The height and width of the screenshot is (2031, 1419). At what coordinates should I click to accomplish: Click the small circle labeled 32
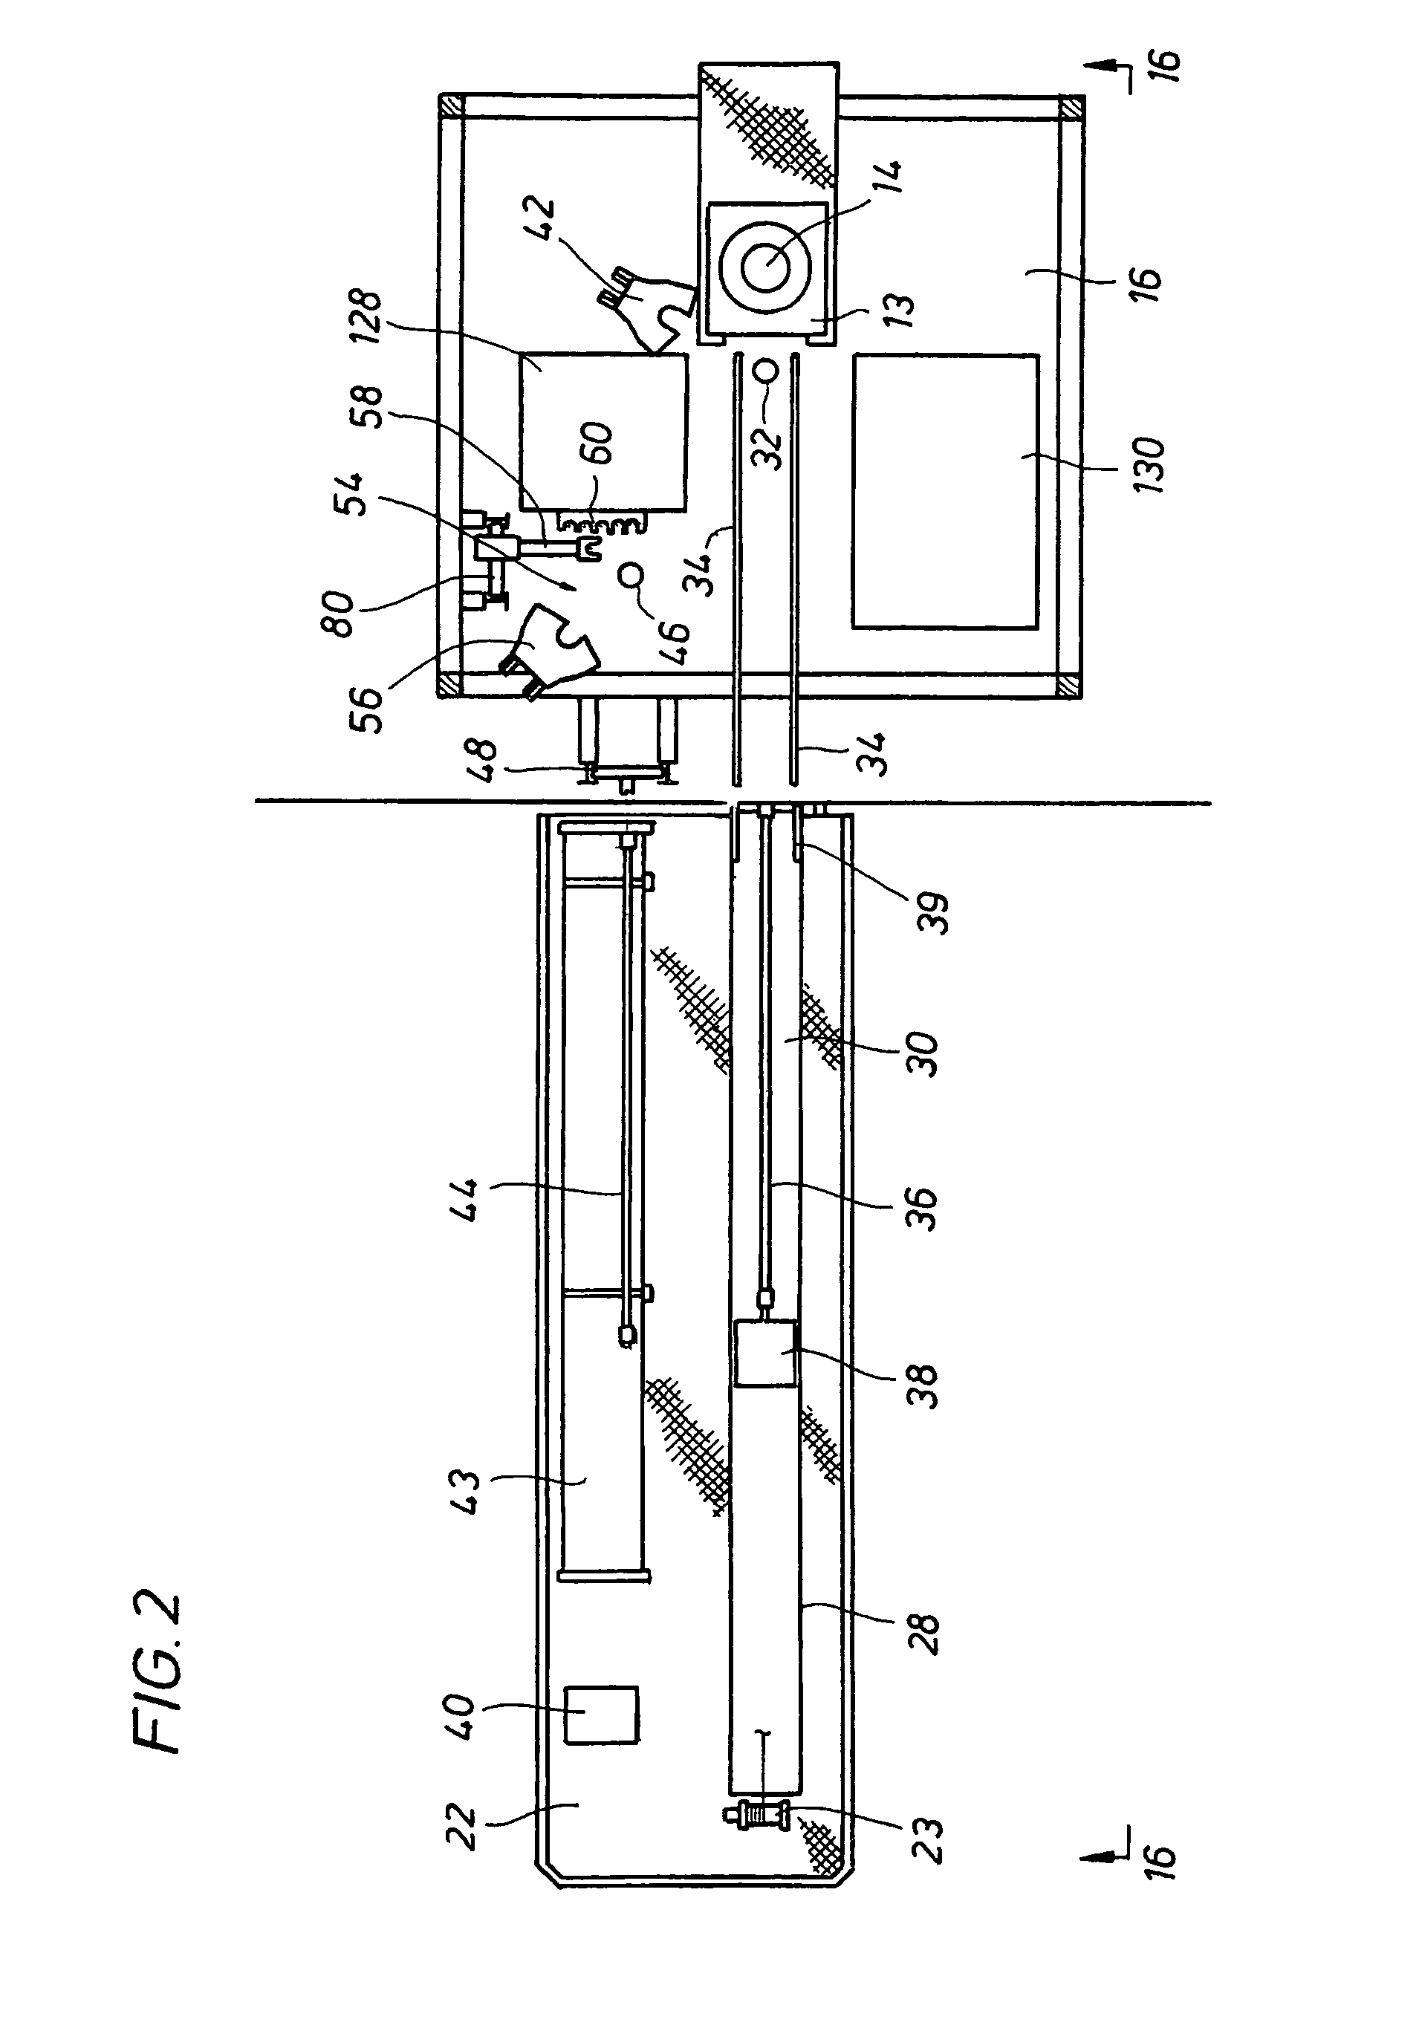(767, 370)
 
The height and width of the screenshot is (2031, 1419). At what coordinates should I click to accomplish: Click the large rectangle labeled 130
(946, 492)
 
